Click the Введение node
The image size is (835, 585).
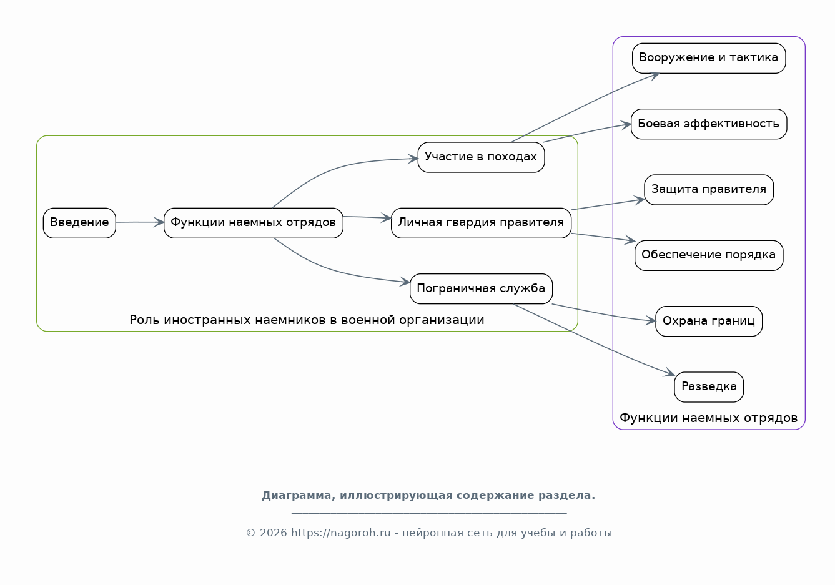point(79,223)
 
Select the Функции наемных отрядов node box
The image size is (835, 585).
point(254,223)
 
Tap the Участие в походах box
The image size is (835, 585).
point(482,157)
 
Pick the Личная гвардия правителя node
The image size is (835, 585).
point(482,223)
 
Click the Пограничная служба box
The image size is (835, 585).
point(482,289)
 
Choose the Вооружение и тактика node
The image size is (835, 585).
point(709,58)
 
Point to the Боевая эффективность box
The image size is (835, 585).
point(709,124)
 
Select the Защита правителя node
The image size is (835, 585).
point(709,190)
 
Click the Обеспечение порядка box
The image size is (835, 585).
point(709,255)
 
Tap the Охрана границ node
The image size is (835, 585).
point(709,321)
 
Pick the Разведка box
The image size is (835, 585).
point(709,387)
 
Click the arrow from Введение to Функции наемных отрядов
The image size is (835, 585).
point(140,222)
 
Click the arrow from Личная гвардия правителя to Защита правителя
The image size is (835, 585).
point(608,205)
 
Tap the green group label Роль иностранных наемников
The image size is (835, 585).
point(307,320)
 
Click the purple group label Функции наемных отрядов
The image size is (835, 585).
point(709,418)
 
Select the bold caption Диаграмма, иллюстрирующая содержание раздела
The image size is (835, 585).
point(428,496)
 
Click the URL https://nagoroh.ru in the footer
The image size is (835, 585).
point(341,533)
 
